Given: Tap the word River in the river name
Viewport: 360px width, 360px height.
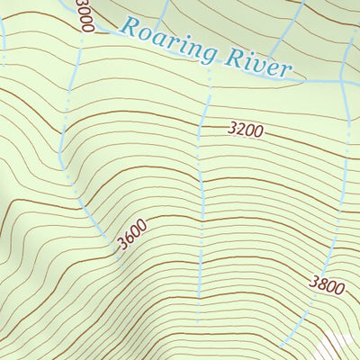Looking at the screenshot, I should coord(259,64).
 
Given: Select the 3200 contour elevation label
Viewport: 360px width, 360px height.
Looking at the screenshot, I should coord(245,130).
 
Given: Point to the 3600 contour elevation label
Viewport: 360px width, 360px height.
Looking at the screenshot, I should coord(131,237).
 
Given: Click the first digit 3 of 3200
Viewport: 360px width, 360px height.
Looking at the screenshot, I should coord(232,130).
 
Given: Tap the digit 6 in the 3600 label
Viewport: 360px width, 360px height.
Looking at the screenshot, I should coord(128,238).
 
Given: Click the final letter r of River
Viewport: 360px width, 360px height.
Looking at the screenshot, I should coord(286,70).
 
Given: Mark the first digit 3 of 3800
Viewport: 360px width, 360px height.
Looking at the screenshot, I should coord(313,283).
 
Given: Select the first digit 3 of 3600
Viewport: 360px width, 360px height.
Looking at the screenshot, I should coord(120,244).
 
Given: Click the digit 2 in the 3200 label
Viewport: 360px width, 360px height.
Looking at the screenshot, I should coord(240,130).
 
